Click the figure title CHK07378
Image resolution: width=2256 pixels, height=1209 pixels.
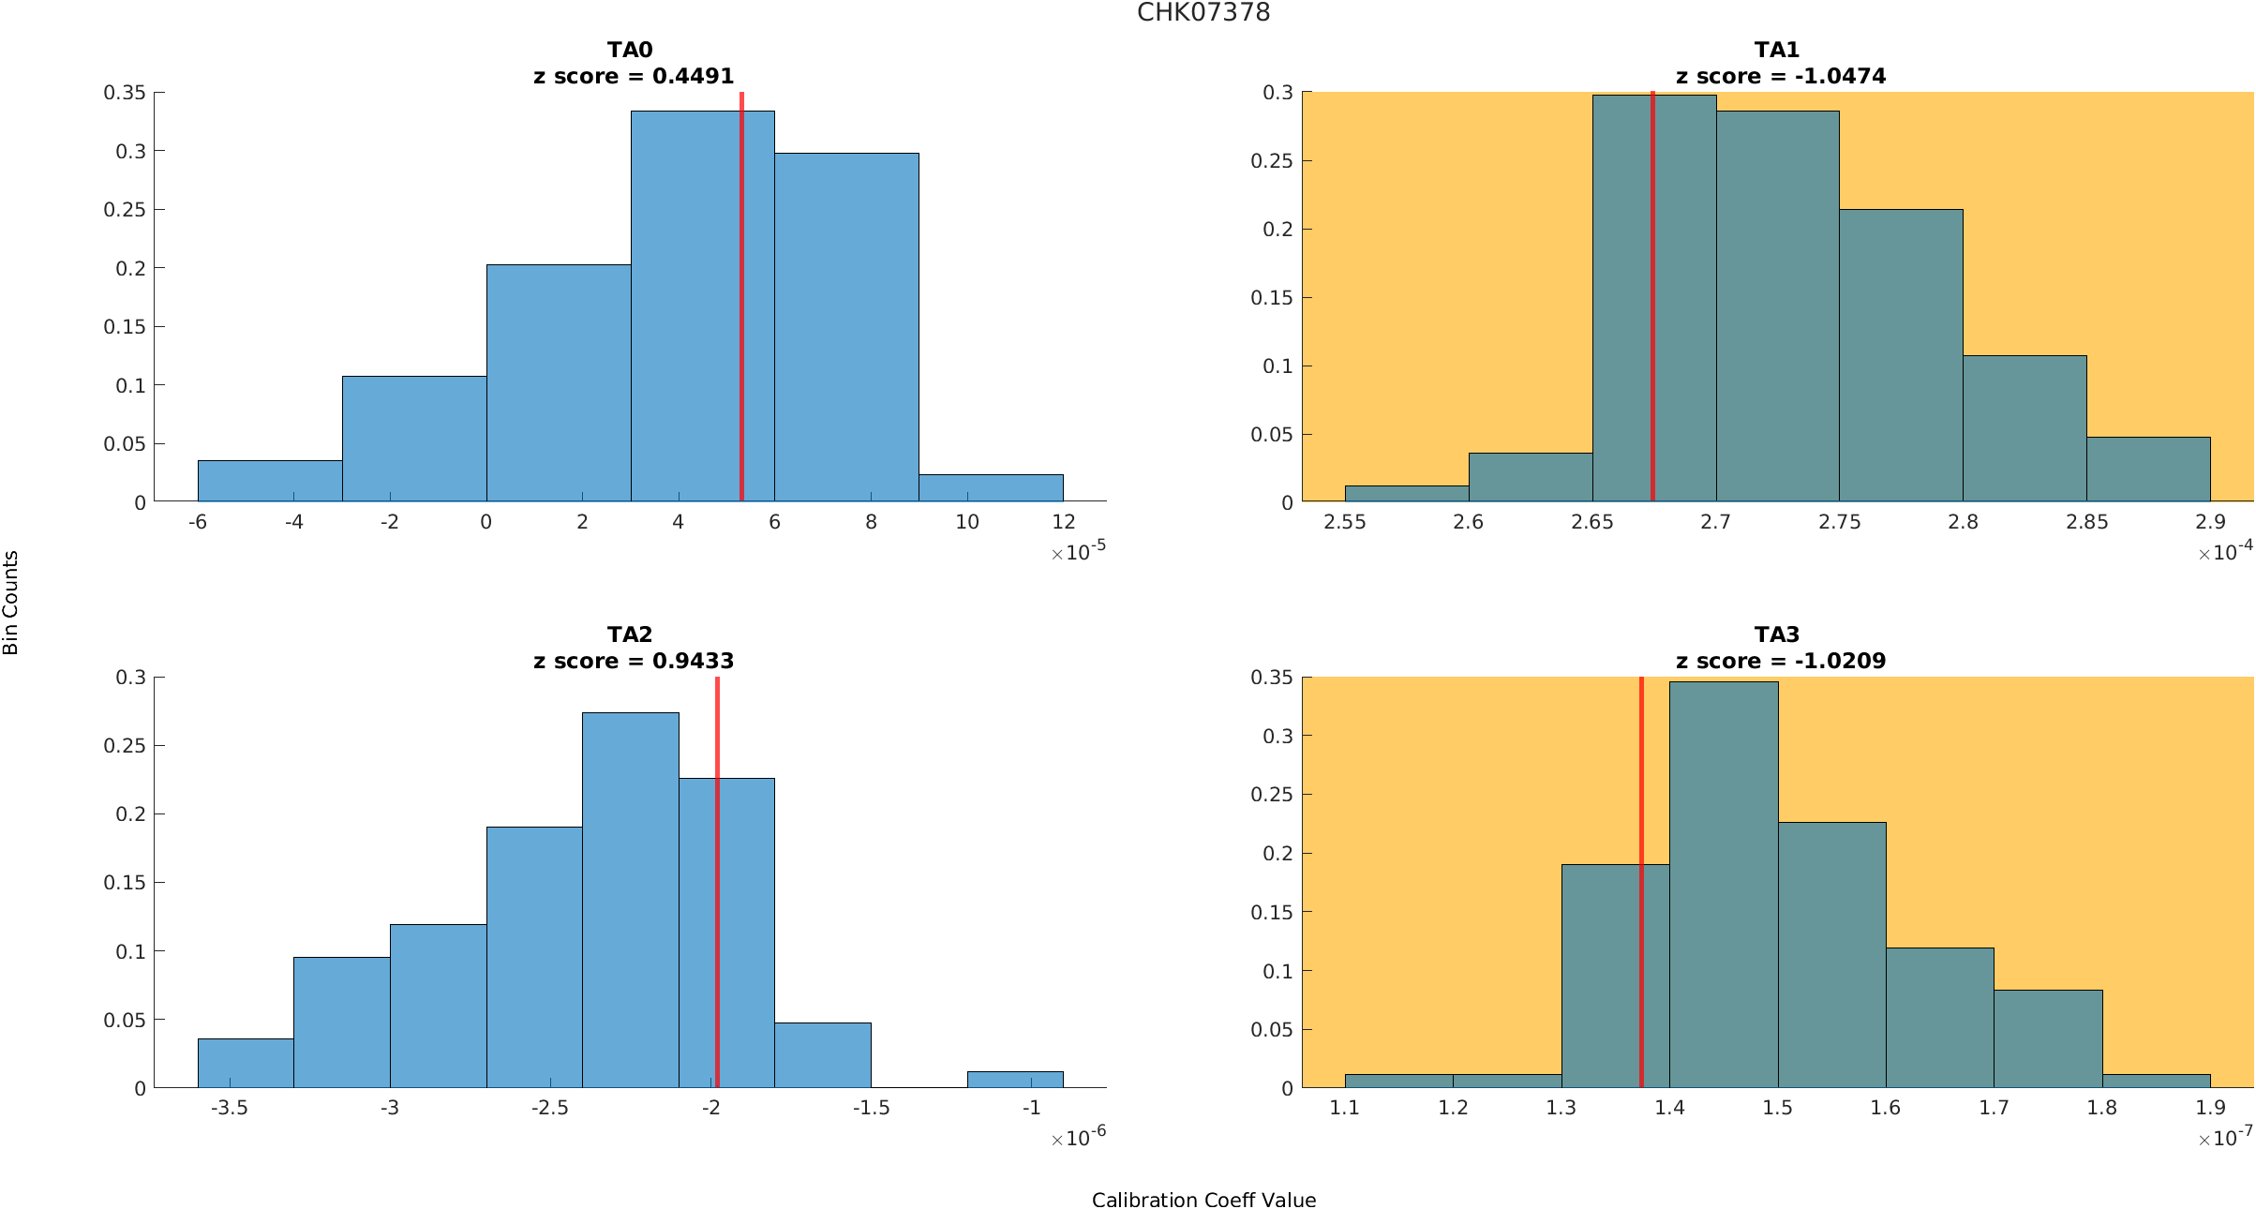(x=1203, y=12)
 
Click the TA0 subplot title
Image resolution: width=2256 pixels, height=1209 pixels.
(x=630, y=50)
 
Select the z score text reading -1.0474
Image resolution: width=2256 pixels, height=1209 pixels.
(x=1780, y=76)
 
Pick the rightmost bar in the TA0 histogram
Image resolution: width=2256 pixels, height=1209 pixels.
(x=991, y=488)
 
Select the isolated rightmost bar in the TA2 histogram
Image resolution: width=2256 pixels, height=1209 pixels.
(x=1015, y=1080)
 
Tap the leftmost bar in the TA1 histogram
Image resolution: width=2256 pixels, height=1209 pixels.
(x=1406, y=494)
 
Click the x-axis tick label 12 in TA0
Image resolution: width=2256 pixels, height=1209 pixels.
(x=1063, y=522)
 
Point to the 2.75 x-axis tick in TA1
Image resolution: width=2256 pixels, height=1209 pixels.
(x=1839, y=522)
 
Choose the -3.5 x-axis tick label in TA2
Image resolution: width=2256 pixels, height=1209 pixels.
(x=229, y=1108)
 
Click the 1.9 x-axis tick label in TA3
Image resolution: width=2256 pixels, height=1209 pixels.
(x=2210, y=1108)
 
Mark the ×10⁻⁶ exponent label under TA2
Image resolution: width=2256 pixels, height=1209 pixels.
(x=1079, y=1138)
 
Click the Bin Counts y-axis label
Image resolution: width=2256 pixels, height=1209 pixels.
(x=11, y=602)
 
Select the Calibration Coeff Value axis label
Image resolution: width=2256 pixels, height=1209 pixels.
(x=1203, y=1200)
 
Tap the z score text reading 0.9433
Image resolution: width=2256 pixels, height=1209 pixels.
(x=634, y=661)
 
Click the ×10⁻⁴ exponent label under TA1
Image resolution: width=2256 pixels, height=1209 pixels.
(x=2225, y=552)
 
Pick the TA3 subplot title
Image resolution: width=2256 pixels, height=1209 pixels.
(x=1777, y=634)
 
